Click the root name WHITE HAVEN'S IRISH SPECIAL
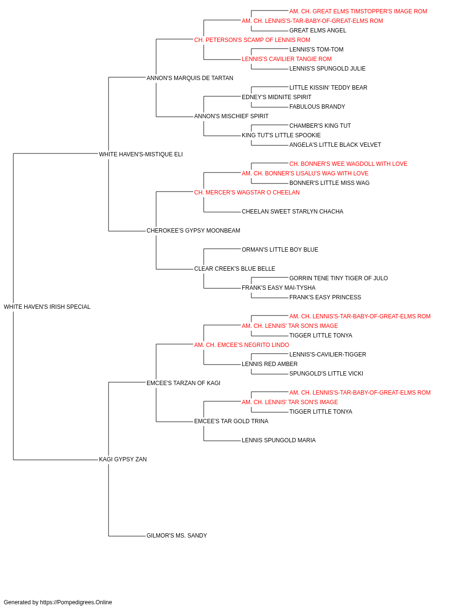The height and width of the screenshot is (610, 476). tap(47, 307)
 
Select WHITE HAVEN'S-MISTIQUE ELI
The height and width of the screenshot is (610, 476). tap(141, 154)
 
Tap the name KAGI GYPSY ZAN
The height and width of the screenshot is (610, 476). tap(123, 459)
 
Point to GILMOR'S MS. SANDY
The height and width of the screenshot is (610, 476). tap(177, 536)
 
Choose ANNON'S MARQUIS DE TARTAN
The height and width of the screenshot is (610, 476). tap(190, 78)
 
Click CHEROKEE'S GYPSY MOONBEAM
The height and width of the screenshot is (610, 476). tap(193, 231)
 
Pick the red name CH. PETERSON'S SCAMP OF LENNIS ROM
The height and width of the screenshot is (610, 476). tap(252, 40)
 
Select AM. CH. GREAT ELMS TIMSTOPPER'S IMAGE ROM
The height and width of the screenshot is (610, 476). tap(358, 11)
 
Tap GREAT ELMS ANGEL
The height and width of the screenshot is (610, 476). tap(317, 30)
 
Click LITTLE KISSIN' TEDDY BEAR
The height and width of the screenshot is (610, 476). tap(328, 88)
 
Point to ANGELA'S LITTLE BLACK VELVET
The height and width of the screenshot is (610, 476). tap(335, 145)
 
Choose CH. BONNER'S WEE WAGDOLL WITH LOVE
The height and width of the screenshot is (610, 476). tap(348, 164)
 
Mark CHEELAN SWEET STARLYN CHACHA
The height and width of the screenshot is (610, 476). tap(292, 212)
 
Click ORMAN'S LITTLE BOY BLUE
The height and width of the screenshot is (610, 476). tap(280, 250)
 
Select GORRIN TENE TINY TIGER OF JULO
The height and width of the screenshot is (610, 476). tap(338, 278)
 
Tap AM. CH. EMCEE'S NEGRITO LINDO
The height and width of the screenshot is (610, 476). tap(242, 345)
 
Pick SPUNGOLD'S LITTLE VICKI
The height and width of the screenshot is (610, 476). tap(326, 374)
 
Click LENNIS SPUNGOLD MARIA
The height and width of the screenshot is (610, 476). tap(278, 440)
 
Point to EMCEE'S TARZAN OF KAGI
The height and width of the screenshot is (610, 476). tap(183, 383)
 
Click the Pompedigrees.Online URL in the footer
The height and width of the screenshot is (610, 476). tap(76, 602)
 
